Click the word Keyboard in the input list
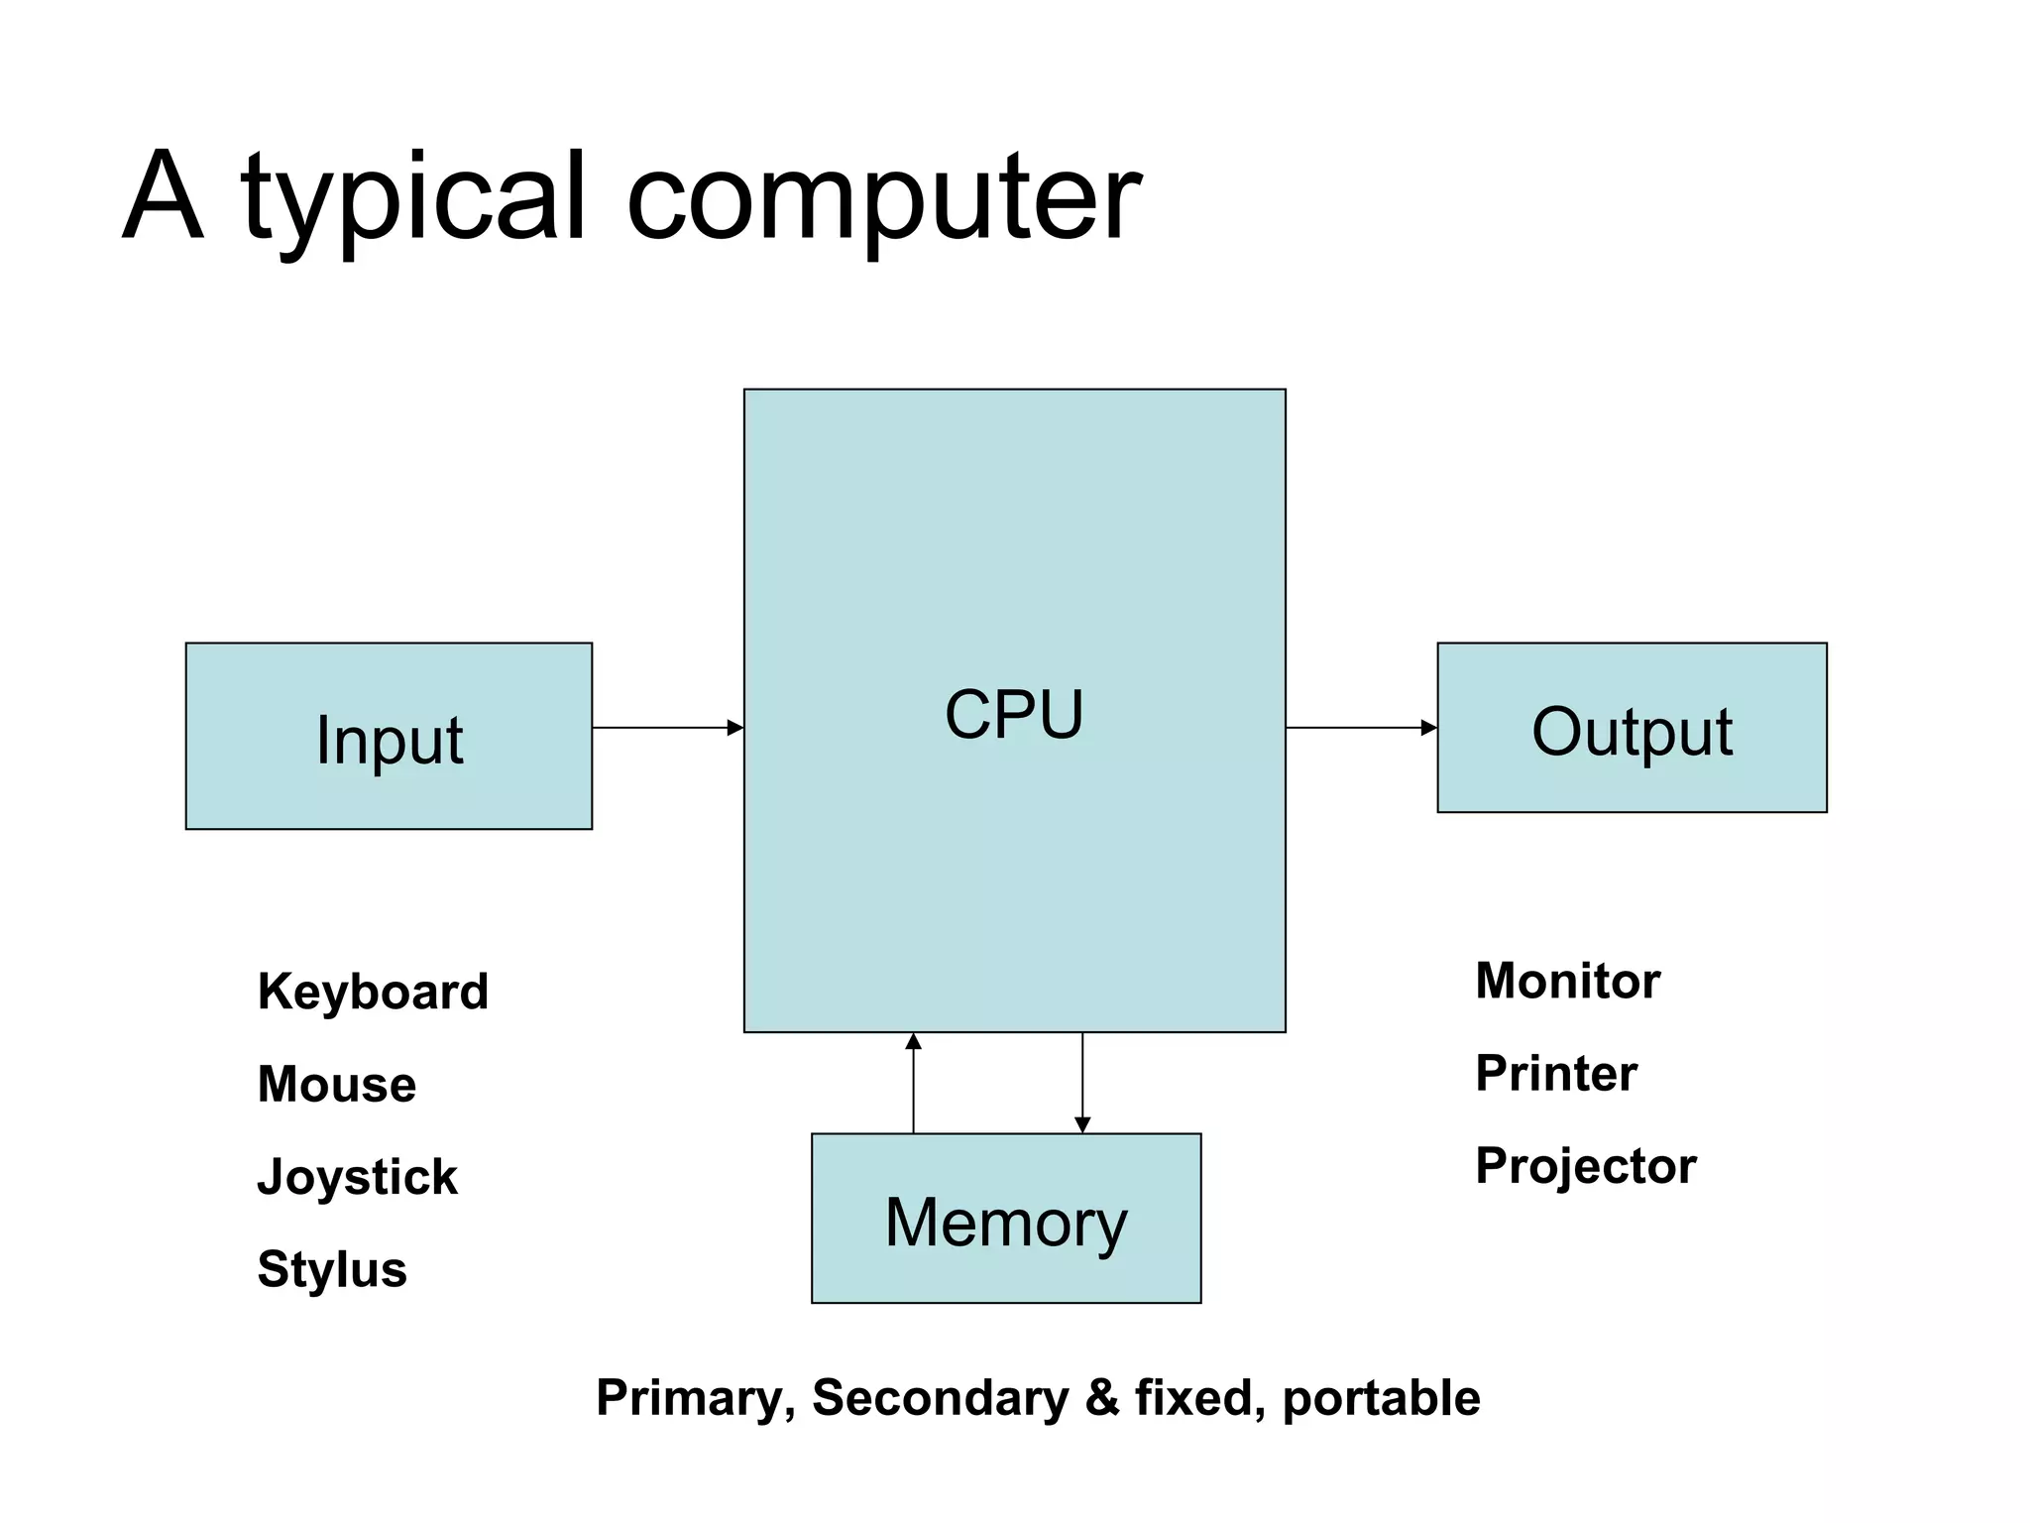(373, 992)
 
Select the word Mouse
(336, 1084)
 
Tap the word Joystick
(357, 1177)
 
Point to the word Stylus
(332, 1269)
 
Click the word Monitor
(1567, 981)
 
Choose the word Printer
(1556, 1073)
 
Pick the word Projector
(1585, 1166)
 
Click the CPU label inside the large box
(1014, 714)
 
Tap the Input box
(389, 737)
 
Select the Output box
(1632, 729)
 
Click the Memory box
(1006, 1220)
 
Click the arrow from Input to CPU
(667, 728)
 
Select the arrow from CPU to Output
(1361, 728)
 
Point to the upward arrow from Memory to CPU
(914, 1083)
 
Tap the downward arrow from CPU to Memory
(1082, 1083)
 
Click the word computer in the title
(883, 198)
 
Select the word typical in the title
(413, 198)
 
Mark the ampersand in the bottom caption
(1101, 1399)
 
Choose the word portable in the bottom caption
(1381, 1399)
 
